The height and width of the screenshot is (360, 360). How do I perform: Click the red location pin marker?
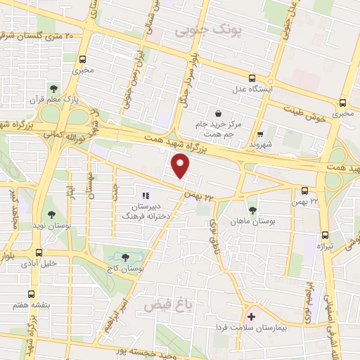pyautogui.click(x=181, y=167)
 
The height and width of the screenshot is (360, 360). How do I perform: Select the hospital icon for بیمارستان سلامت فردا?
pyautogui.click(x=251, y=317)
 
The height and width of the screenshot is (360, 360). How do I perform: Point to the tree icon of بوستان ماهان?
pyautogui.click(x=252, y=210)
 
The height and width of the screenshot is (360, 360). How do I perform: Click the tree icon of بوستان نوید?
pyautogui.click(x=53, y=213)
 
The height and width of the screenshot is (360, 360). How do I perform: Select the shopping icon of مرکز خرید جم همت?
pyautogui.click(x=219, y=113)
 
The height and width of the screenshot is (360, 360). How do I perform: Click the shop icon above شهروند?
pyautogui.click(x=260, y=134)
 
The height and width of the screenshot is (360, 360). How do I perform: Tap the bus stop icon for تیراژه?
pyautogui.click(x=324, y=236)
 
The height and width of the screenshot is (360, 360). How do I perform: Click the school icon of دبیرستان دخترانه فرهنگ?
pyautogui.click(x=146, y=196)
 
